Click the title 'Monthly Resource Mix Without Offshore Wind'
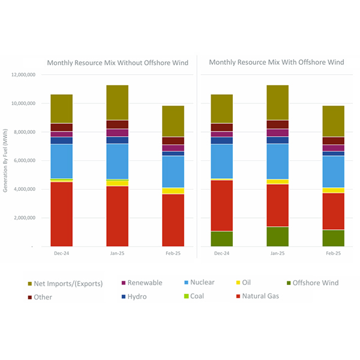coord(118,62)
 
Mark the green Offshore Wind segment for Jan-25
coord(277,236)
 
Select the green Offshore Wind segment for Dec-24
coord(221,238)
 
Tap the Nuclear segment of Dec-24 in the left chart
coord(62,161)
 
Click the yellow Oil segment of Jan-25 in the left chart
coord(117,183)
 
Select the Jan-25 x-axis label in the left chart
coord(117,254)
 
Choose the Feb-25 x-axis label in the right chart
coord(332,254)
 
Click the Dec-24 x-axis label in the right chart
coord(221,254)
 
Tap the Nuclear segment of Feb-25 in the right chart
coord(332,172)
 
